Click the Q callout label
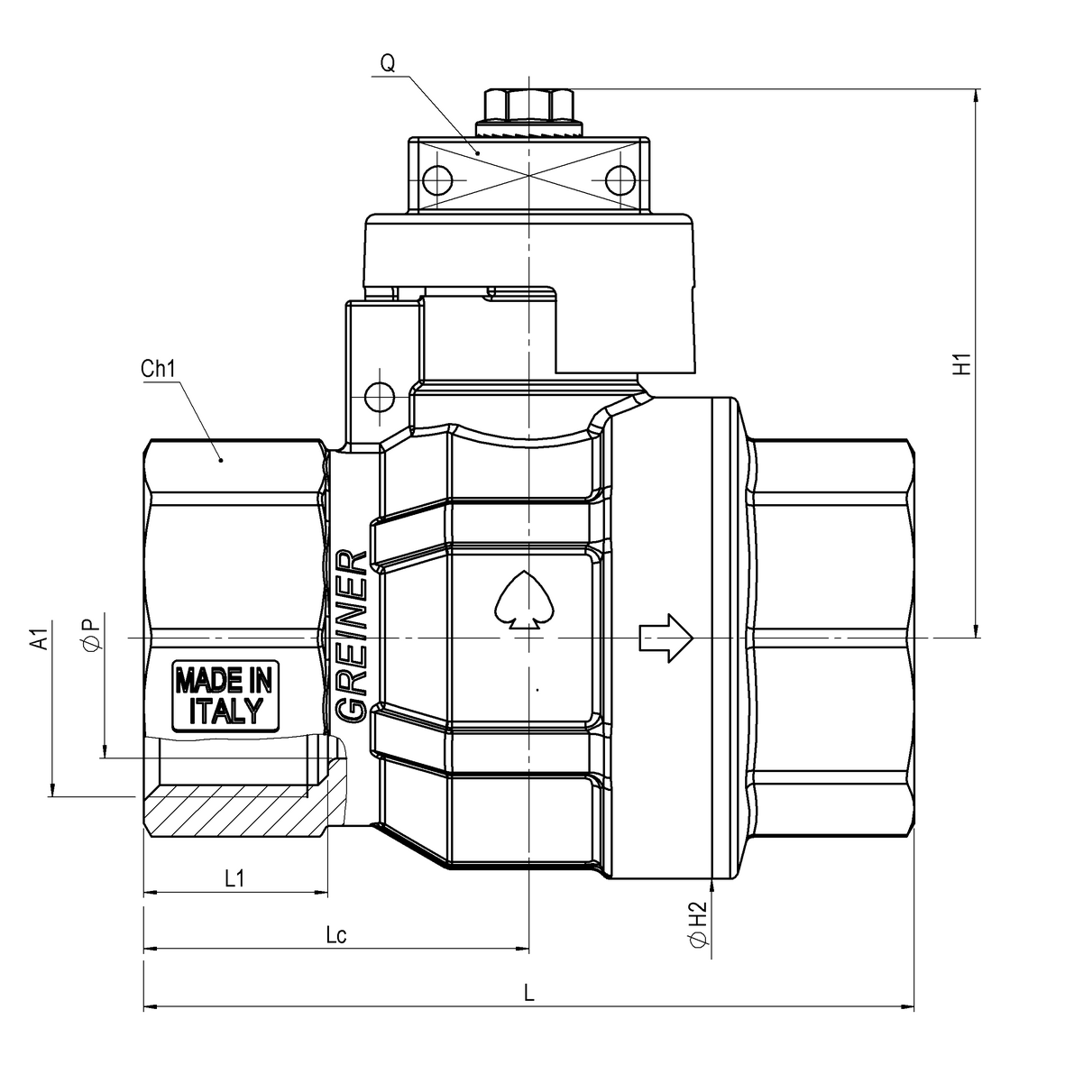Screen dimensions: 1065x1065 388,63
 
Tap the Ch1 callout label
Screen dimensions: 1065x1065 158,369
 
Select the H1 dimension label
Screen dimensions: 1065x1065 962,364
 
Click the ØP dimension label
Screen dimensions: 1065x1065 92,631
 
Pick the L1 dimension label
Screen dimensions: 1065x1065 234,879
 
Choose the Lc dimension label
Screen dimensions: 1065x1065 336,935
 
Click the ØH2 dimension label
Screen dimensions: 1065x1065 699,923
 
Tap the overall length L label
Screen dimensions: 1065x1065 529,993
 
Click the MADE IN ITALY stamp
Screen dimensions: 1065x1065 225,696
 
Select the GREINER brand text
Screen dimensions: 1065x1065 352,637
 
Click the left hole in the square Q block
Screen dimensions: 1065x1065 436,180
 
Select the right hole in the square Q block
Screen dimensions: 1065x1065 620,180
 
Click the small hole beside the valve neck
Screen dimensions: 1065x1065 380,395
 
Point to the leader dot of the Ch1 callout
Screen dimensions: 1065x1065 221,460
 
